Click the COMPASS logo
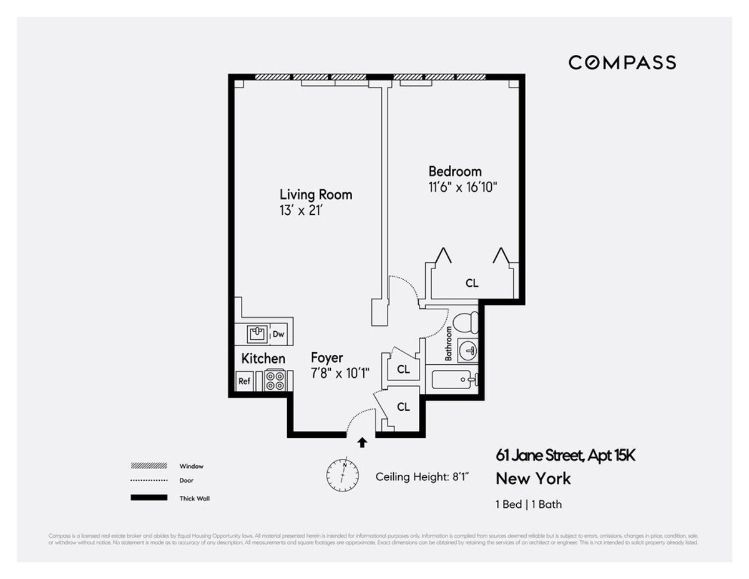point(622,62)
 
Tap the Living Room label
point(315,194)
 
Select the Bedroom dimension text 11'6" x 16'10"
point(463,186)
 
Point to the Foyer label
point(326,358)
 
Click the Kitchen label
point(263,359)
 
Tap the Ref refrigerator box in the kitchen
point(244,381)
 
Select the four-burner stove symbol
point(275,380)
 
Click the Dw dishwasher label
point(278,334)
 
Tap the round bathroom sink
point(466,352)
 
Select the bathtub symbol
point(454,379)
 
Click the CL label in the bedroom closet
point(472,283)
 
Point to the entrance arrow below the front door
point(362,443)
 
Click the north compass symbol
point(343,475)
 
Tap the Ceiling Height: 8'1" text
point(422,477)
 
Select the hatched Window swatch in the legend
point(149,465)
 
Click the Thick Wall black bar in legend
point(149,498)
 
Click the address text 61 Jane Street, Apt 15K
point(565,455)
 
